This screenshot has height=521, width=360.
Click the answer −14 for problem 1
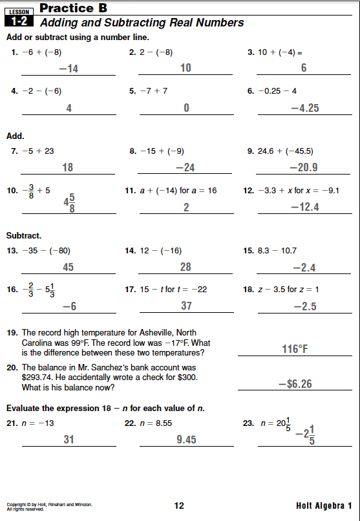tap(68, 69)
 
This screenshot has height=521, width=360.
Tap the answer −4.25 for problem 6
tap(304, 108)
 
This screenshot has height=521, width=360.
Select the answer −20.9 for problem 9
tap(304, 167)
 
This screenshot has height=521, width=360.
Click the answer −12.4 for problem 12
tap(304, 207)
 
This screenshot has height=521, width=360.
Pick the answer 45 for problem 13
tap(68, 267)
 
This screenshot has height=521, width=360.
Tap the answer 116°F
tap(295, 349)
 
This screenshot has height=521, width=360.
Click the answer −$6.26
tap(295, 384)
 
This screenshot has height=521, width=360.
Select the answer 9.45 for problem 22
tap(186, 440)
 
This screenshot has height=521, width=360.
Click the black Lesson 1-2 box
tap(18, 16)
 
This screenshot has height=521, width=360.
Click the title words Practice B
tap(73, 8)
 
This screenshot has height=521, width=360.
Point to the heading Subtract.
tap(24, 235)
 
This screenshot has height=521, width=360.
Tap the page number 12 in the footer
tap(180, 505)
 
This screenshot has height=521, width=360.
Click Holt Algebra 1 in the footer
tap(324, 505)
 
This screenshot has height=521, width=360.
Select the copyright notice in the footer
tap(48, 505)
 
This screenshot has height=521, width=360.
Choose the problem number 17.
tap(129, 290)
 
